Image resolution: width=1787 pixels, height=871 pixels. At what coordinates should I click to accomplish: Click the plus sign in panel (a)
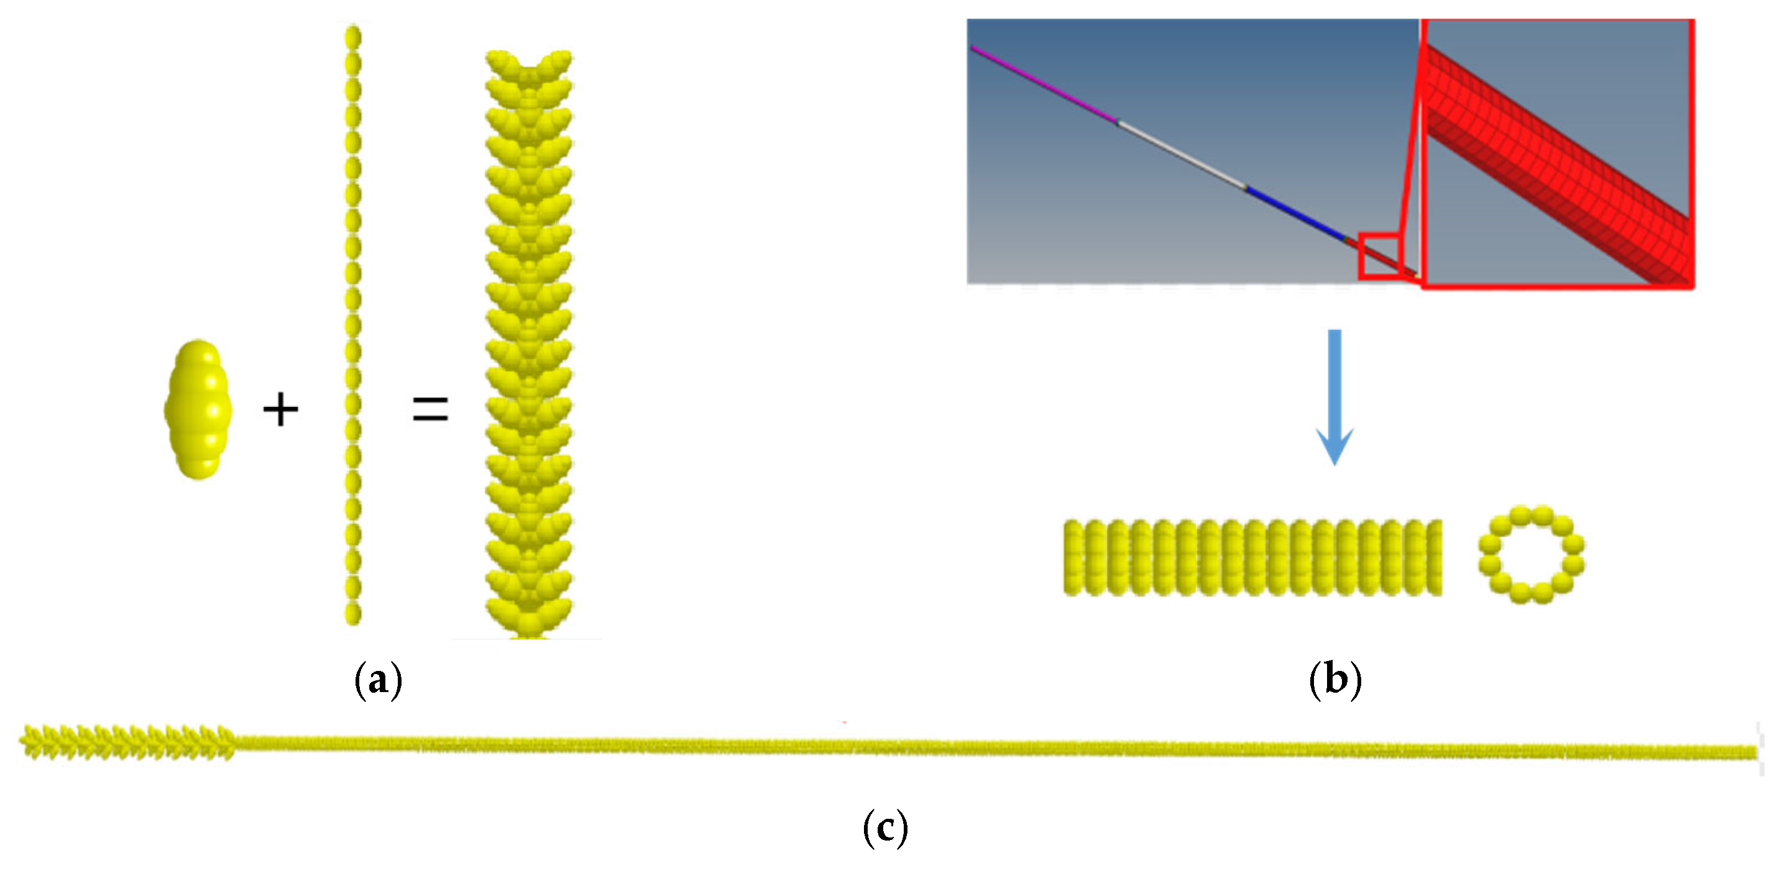coord(280,409)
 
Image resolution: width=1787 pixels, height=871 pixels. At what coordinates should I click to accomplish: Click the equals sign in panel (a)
coord(430,409)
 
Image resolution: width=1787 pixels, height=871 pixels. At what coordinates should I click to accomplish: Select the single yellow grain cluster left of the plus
coord(198,409)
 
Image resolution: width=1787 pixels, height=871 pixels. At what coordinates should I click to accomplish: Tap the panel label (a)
coord(378,680)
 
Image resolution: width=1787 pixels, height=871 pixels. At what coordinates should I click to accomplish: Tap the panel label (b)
coord(1335,680)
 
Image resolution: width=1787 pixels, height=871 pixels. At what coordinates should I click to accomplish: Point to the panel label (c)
coord(885,828)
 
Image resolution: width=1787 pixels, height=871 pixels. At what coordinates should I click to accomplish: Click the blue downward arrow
coord(1335,395)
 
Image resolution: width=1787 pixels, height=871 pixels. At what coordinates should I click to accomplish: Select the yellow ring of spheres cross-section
coord(1531,554)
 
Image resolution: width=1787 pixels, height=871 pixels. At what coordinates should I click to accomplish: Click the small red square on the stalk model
coord(1380,257)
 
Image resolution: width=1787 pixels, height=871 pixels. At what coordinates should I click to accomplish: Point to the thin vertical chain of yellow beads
coord(353,326)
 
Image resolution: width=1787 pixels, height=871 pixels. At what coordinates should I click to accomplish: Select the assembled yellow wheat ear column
coord(528,347)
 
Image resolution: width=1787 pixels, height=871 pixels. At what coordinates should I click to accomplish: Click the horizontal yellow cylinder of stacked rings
coord(1252,557)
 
